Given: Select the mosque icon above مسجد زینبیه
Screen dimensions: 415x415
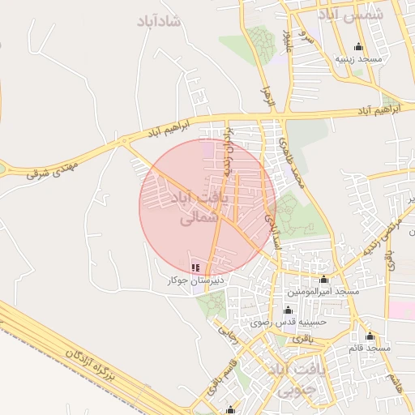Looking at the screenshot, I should tap(359, 47).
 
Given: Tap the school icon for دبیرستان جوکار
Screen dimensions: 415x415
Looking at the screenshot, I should tap(195, 267).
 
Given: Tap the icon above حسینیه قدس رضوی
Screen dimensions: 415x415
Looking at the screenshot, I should tap(287, 310).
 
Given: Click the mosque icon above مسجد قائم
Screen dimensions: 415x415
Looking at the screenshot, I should tap(370, 336).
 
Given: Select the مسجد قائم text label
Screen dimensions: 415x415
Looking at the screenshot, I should tap(370, 348).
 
